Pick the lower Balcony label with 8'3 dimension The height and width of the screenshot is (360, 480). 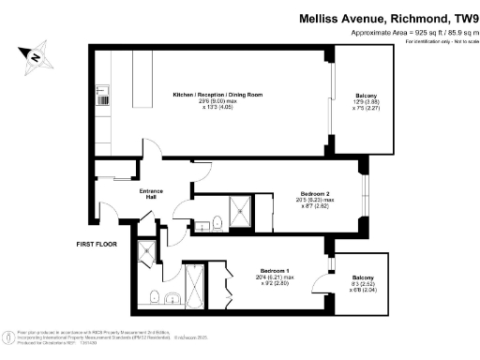tap(362, 279)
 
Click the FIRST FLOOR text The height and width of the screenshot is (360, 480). tap(98, 245)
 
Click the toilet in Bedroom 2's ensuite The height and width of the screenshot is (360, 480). tap(217, 223)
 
